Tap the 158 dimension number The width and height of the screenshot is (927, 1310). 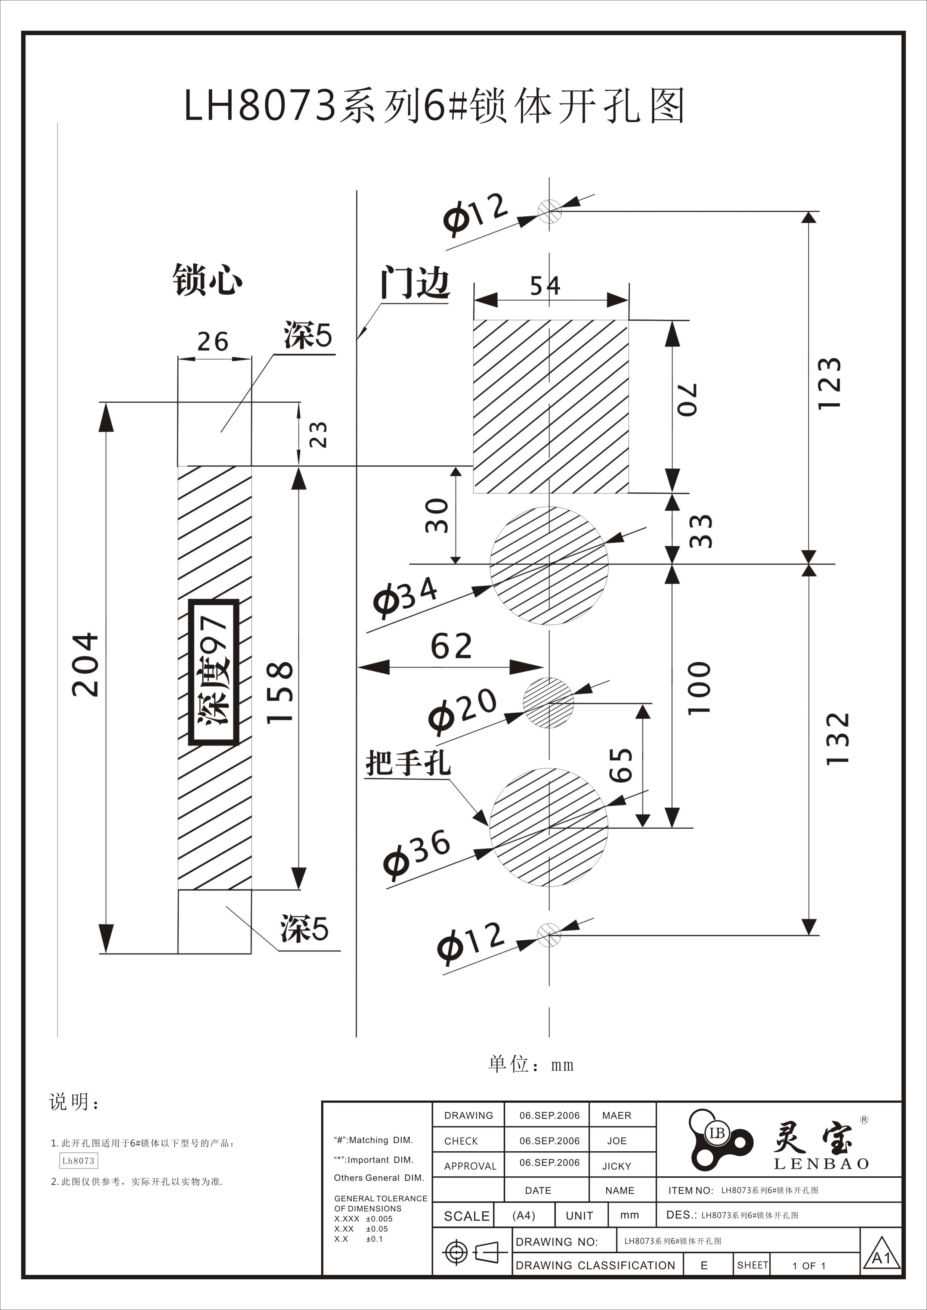click(280, 692)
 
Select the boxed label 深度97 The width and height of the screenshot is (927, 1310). click(213, 671)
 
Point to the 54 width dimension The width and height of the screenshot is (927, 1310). click(545, 286)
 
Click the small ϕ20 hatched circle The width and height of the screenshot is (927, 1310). click(549, 702)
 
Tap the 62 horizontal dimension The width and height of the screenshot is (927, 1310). click(451, 646)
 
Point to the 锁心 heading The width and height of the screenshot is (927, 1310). click(207, 280)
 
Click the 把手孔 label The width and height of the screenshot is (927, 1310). click(408, 762)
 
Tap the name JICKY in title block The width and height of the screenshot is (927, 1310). click(617, 1166)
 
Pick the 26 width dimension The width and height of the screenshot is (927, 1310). click(213, 342)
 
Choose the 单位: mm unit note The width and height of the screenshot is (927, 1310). click(531, 1065)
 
